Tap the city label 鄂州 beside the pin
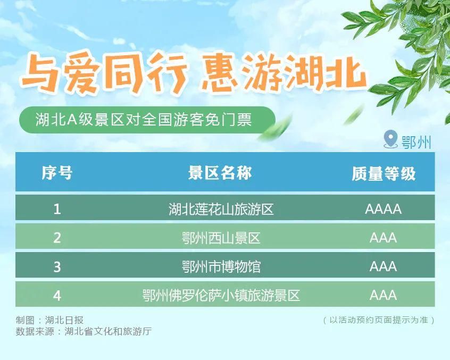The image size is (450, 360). click(x=416, y=142)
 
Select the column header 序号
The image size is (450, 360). click(x=57, y=173)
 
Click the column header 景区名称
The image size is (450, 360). click(x=220, y=173)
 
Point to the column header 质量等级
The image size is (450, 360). click(x=383, y=173)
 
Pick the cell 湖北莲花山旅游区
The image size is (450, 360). click(x=221, y=208)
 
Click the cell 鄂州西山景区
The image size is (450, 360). click(x=221, y=238)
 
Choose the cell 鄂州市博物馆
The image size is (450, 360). click(x=221, y=266)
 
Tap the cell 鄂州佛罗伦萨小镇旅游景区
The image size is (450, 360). click(x=221, y=295)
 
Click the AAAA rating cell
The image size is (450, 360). click(x=383, y=208)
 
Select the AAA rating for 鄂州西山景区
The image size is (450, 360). click(x=383, y=238)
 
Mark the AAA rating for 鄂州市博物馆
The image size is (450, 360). click(x=383, y=266)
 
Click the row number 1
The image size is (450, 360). click(x=57, y=208)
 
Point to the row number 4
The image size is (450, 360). click(x=57, y=295)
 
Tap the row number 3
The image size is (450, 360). click(x=57, y=266)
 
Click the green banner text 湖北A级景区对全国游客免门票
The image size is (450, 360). click(x=143, y=120)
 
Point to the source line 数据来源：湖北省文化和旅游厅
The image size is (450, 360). click(x=84, y=331)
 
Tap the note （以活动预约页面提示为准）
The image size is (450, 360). click(x=379, y=320)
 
